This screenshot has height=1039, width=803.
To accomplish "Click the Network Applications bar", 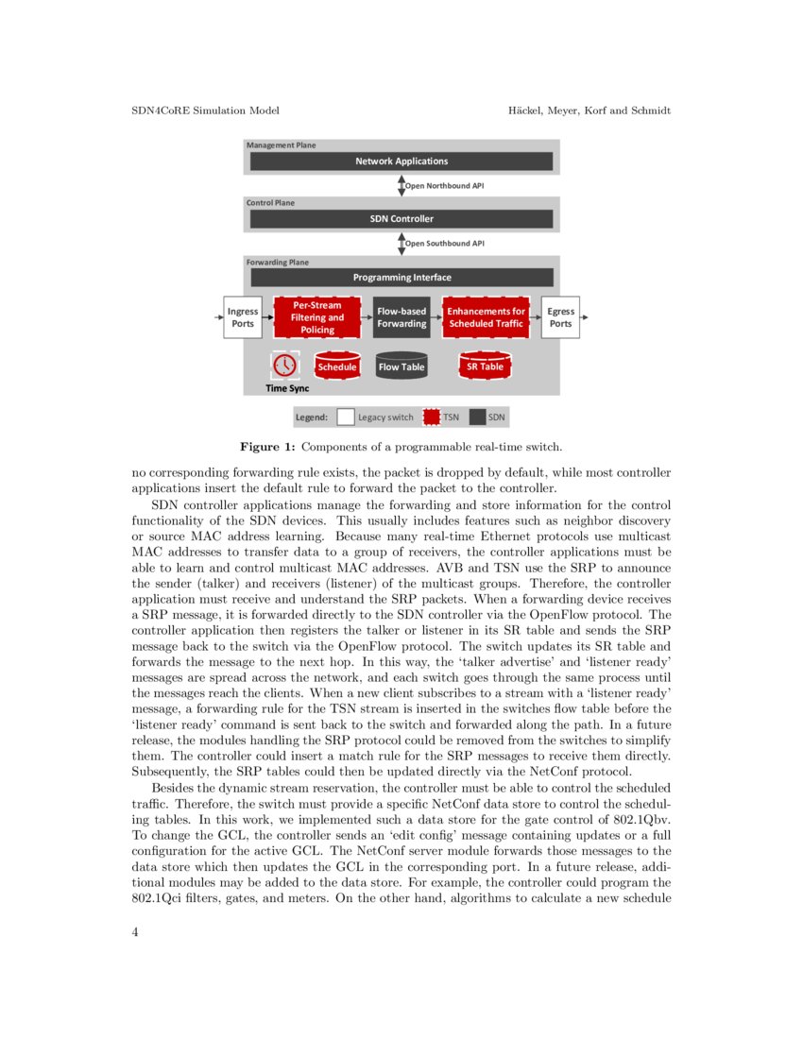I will (401, 162).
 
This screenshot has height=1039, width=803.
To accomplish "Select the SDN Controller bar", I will (401, 219).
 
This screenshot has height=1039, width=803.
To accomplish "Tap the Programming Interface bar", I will (401, 278).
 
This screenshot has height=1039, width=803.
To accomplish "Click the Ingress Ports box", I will (243, 317).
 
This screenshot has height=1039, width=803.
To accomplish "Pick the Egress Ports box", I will (560, 317).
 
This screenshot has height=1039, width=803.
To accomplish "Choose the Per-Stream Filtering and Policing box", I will (317, 317).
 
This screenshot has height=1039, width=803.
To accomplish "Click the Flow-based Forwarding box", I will (401, 317).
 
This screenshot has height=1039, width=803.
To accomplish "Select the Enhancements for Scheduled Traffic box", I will (486, 317).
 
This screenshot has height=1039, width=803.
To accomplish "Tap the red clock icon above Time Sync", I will (282, 365).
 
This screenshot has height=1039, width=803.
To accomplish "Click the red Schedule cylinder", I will (336, 366).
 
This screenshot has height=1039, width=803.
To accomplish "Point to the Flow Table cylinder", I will (401, 366).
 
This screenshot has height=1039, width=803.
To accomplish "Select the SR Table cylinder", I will (485, 366).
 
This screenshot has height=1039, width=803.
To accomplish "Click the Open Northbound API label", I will (444, 186).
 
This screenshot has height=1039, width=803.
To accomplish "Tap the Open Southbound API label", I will (444, 244).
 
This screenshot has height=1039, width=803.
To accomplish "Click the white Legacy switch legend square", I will (346, 417).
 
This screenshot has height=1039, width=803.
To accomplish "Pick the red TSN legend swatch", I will (433, 417).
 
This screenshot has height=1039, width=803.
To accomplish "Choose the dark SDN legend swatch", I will (478, 417).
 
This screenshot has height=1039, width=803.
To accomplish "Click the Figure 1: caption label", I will (266, 445).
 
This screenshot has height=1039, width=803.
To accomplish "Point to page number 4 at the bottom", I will (135, 933).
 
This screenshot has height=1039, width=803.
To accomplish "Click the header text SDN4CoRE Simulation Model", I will (204, 111).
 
